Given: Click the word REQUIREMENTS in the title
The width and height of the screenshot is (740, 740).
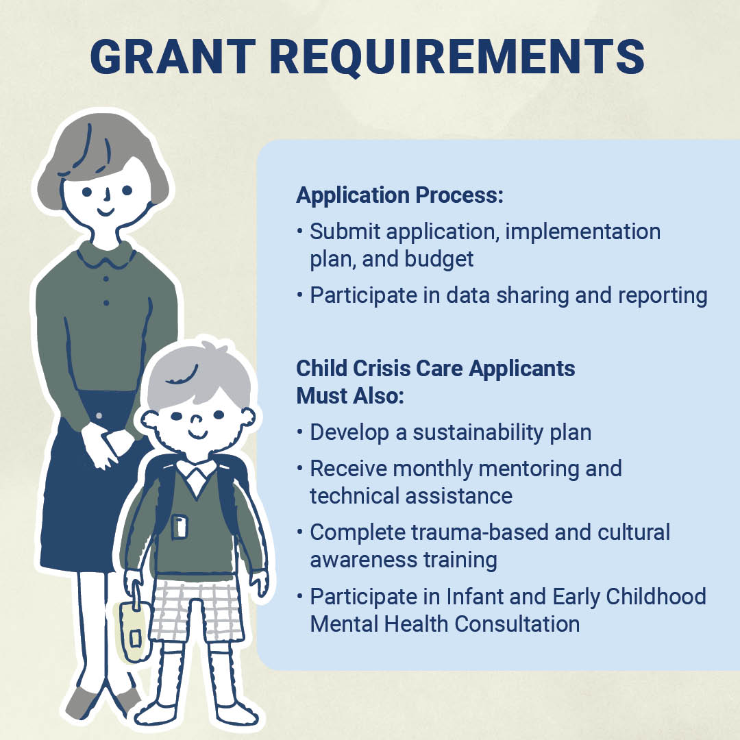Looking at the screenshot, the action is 457,58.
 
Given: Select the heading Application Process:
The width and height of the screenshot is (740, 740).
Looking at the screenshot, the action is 399,195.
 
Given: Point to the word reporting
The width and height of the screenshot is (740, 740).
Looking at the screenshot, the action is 663,296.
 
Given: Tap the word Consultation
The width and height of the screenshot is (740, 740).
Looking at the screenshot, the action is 517,624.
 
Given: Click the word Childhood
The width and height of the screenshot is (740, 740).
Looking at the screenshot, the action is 656,597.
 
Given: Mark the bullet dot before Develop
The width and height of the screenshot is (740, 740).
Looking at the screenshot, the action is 300,432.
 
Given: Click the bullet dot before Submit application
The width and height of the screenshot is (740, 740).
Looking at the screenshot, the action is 300,231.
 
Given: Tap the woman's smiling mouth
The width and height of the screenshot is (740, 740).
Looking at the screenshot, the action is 106,212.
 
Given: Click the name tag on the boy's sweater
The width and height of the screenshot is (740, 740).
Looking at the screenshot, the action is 180,527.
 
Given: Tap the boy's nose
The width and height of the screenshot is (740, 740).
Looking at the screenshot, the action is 197,419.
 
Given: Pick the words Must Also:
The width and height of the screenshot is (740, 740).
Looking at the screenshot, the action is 350,396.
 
